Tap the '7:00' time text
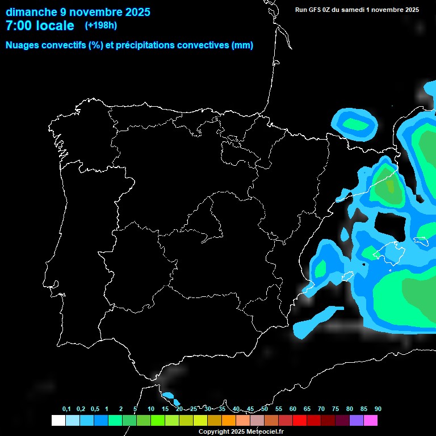(x=18, y=26)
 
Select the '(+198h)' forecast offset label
(x=100, y=26)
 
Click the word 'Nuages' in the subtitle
(x=22, y=45)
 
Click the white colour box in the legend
(x=58, y=421)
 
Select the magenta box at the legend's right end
(x=371, y=421)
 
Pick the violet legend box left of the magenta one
(x=357, y=421)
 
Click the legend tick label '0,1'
(x=66, y=409)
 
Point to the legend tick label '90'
(x=378, y=409)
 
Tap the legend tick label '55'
(x=279, y=409)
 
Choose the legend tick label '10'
(x=151, y=409)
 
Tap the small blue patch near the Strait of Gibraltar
(x=168, y=395)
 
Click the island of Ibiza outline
(x=346, y=276)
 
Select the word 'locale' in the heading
(x=55, y=26)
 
